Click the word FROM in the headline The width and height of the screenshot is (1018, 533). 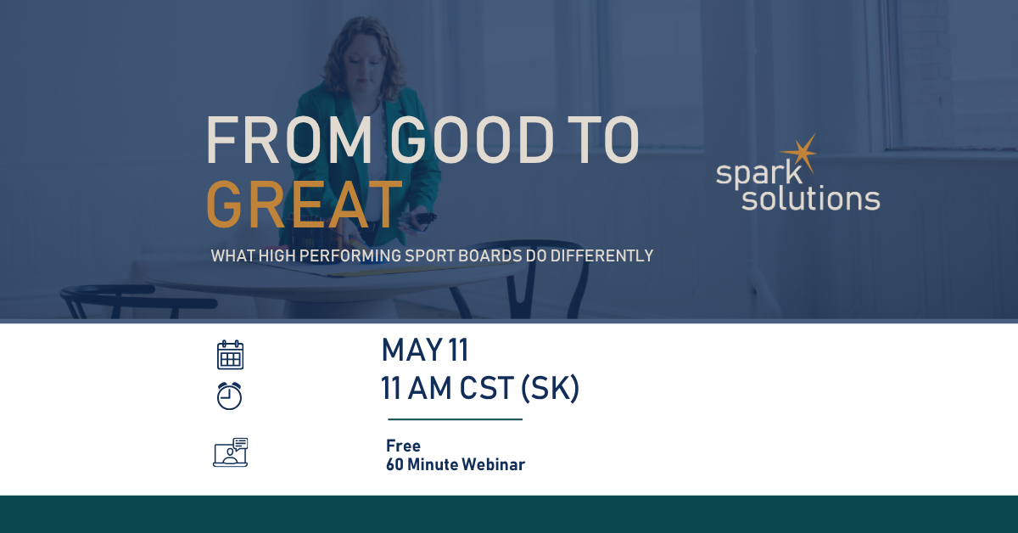coord(289,140)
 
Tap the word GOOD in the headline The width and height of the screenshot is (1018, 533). coord(473,140)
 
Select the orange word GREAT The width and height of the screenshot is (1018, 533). coord(305,205)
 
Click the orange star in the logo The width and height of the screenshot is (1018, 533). coord(800,154)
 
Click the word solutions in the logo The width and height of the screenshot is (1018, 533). coord(811,199)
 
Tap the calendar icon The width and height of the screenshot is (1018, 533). coord(230,355)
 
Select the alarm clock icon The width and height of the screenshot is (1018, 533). coord(230,396)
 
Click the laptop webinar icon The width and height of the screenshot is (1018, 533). coord(231,452)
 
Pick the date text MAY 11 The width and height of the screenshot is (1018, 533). coord(425,351)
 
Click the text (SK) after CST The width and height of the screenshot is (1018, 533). coord(550,389)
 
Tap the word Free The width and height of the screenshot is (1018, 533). coord(404,446)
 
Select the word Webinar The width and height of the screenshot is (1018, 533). coord(494,465)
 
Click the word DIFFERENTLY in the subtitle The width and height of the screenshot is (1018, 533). coord(601,256)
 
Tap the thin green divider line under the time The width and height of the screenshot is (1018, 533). coord(455,419)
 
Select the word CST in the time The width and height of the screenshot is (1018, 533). coord(486,389)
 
